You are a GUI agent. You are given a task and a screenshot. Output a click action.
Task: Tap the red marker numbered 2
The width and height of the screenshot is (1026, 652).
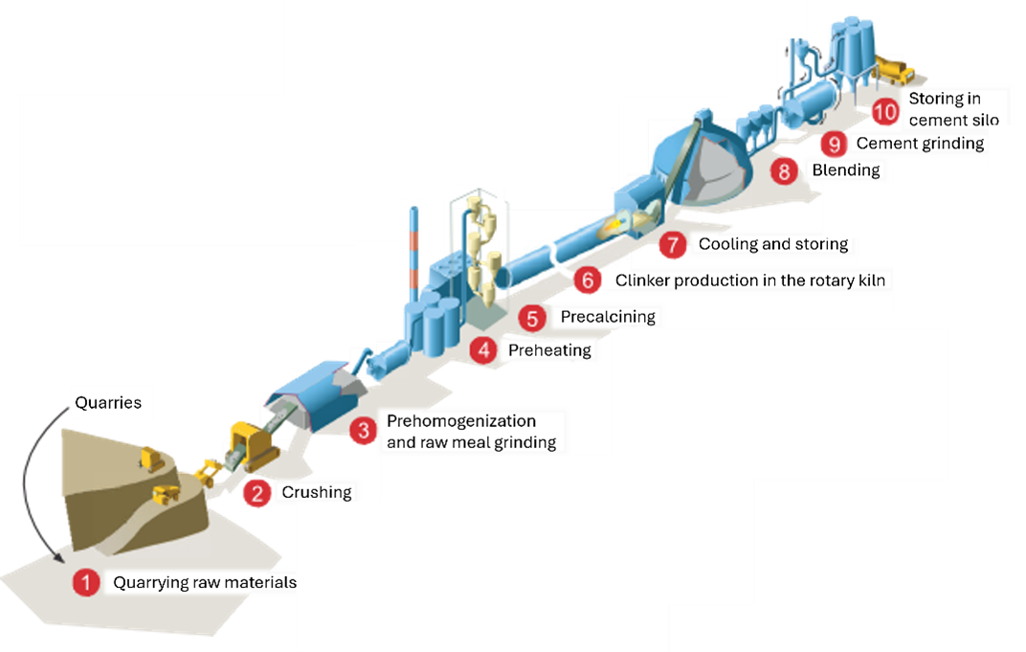256,492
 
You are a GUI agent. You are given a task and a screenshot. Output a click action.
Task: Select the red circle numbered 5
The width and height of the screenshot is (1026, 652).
532,316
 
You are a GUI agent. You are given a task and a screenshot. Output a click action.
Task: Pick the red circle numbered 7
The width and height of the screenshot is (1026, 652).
672,244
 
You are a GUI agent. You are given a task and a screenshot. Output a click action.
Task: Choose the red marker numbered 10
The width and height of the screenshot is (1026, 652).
884,110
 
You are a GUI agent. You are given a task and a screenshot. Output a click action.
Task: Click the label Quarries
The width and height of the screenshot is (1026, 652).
108,402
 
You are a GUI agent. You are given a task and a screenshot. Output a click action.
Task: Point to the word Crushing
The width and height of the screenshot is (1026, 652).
316,492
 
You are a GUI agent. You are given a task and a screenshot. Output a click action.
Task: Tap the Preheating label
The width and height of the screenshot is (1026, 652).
549,349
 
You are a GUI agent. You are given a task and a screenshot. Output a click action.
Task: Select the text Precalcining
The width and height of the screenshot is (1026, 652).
608,316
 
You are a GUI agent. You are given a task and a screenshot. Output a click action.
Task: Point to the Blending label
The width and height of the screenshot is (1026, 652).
845,170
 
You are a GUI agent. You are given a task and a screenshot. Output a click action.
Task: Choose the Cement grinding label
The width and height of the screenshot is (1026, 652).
920,143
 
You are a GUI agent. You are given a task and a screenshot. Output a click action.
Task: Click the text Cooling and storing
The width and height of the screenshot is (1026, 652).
773,244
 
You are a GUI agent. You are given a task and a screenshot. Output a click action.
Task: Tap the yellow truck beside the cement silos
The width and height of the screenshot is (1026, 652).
896,68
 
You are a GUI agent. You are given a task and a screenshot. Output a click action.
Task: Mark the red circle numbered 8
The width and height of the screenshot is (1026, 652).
784,170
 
